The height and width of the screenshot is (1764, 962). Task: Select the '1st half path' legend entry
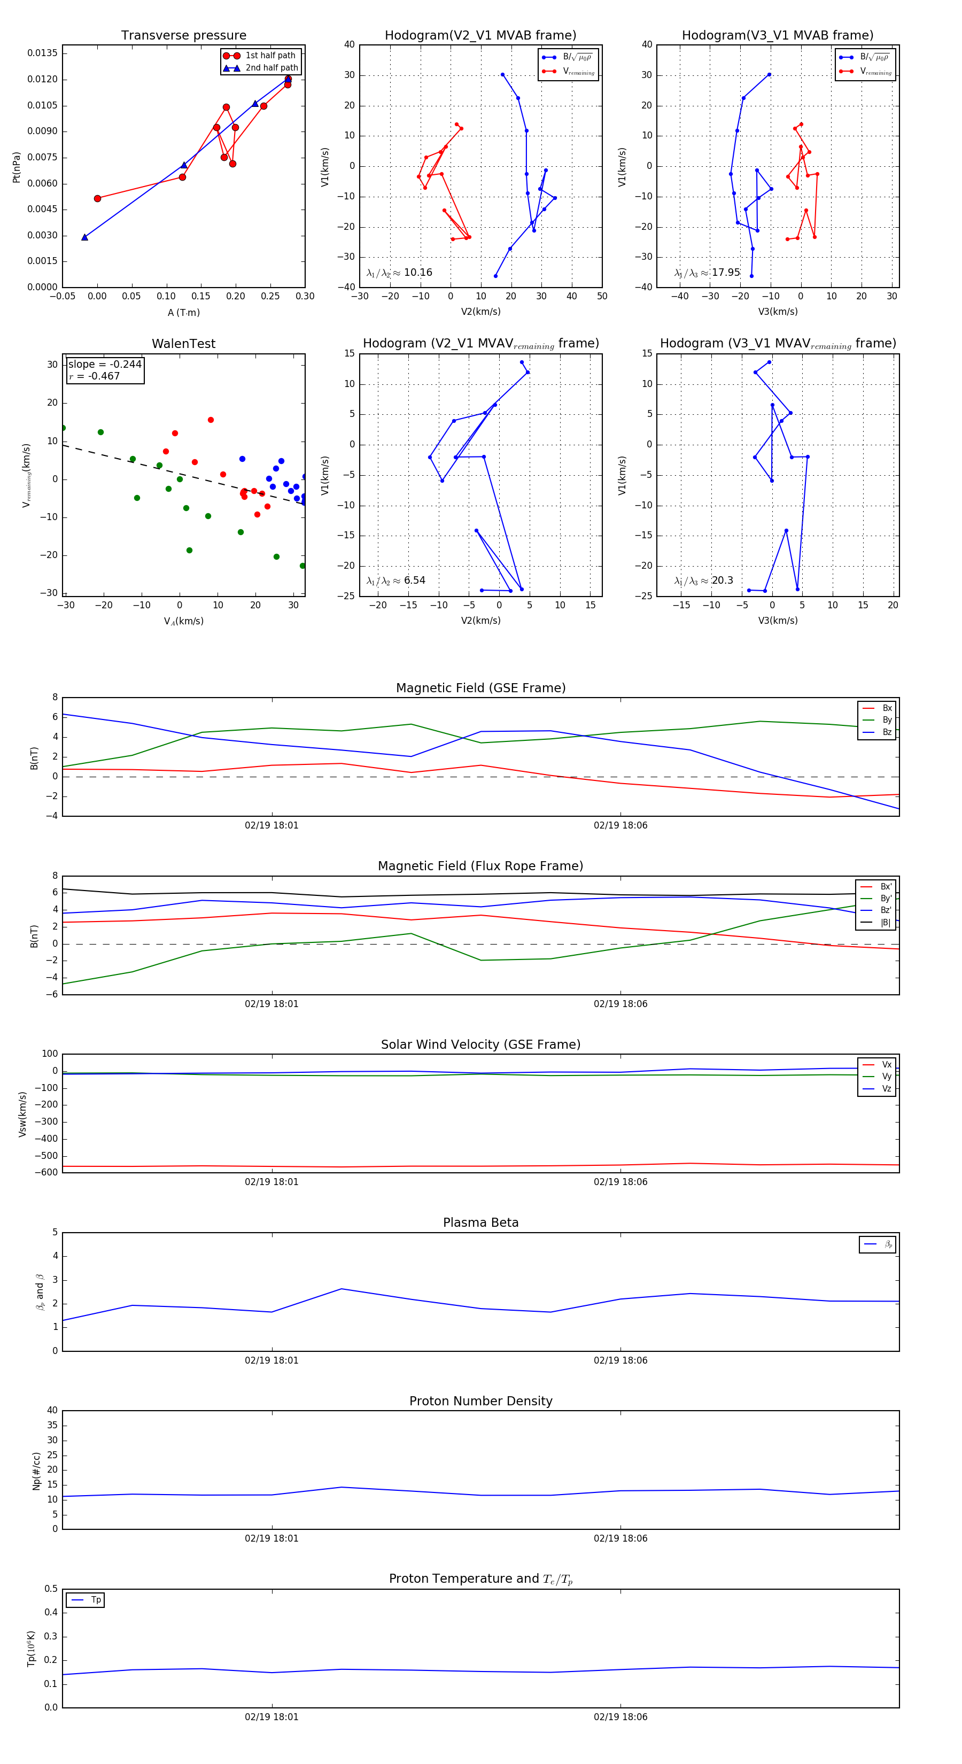[x=270, y=56]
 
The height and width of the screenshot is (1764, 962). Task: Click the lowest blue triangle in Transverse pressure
[x=85, y=237]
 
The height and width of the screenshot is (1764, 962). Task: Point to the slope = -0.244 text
[x=105, y=365]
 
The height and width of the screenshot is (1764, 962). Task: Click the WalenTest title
[x=183, y=344]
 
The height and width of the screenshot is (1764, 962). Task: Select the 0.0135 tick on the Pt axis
[x=42, y=53]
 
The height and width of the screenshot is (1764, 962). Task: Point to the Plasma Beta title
[x=480, y=1223]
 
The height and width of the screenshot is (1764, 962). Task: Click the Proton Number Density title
[x=480, y=1401]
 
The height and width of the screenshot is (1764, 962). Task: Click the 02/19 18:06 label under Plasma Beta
[x=620, y=1360]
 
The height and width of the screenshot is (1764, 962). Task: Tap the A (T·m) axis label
[x=183, y=312]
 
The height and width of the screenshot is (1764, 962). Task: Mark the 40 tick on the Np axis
[x=52, y=1410]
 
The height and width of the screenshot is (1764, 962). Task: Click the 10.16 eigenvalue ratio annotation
[x=417, y=273]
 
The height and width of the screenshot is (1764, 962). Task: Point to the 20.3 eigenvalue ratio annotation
[x=722, y=580]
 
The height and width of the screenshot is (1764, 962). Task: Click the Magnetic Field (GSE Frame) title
[x=480, y=687]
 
